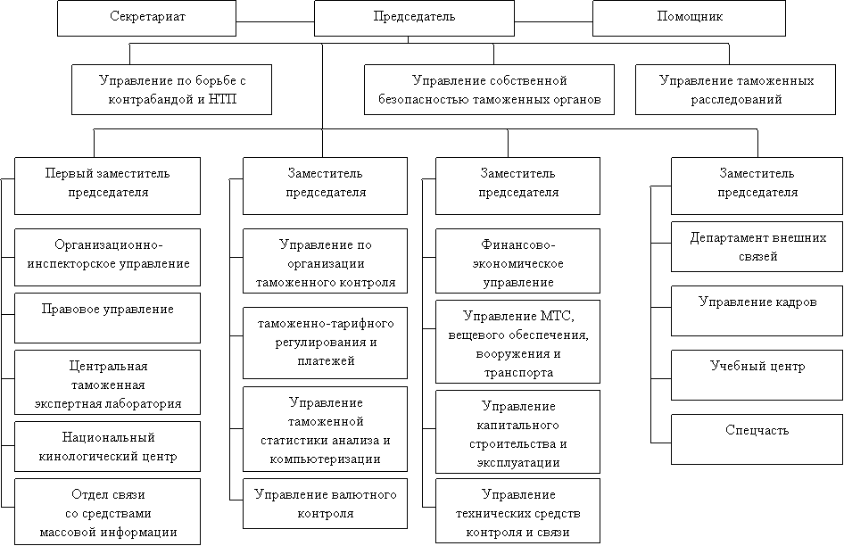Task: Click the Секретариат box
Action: click(146, 18)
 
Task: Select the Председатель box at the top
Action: click(414, 18)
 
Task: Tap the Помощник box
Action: click(689, 18)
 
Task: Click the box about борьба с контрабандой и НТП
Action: click(171, 90)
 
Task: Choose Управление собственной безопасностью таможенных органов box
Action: click(490, 90)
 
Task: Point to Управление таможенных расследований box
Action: click(736, 90)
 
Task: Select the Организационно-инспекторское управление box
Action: click(107, 255)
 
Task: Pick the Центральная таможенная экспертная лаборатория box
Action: click(107, 384)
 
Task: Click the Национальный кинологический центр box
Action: click(107, 447)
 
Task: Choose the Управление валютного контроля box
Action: click(325, 504)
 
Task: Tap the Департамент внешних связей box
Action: click(756, 247)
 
